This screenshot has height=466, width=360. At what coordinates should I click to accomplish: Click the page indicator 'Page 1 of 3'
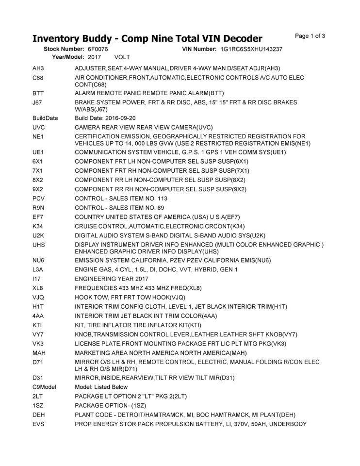point(310,35)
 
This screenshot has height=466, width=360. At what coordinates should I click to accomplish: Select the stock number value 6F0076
point(98,50)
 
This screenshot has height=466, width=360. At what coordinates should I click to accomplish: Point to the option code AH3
point(38,68)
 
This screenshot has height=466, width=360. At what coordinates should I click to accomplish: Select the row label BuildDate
point(45,118)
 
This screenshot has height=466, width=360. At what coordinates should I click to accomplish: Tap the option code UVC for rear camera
point(39,127)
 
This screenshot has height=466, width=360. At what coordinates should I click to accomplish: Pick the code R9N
point(39,207)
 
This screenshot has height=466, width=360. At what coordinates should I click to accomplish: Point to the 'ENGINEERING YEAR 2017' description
point(113,279)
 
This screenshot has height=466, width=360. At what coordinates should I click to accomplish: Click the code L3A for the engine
point(38,269)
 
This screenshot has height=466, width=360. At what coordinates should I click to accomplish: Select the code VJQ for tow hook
point(39,297)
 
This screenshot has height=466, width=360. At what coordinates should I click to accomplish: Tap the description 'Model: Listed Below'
point(101,387)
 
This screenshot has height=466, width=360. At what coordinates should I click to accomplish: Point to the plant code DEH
point(39,415)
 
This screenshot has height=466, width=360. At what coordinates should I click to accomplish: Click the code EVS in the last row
point(39,424)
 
